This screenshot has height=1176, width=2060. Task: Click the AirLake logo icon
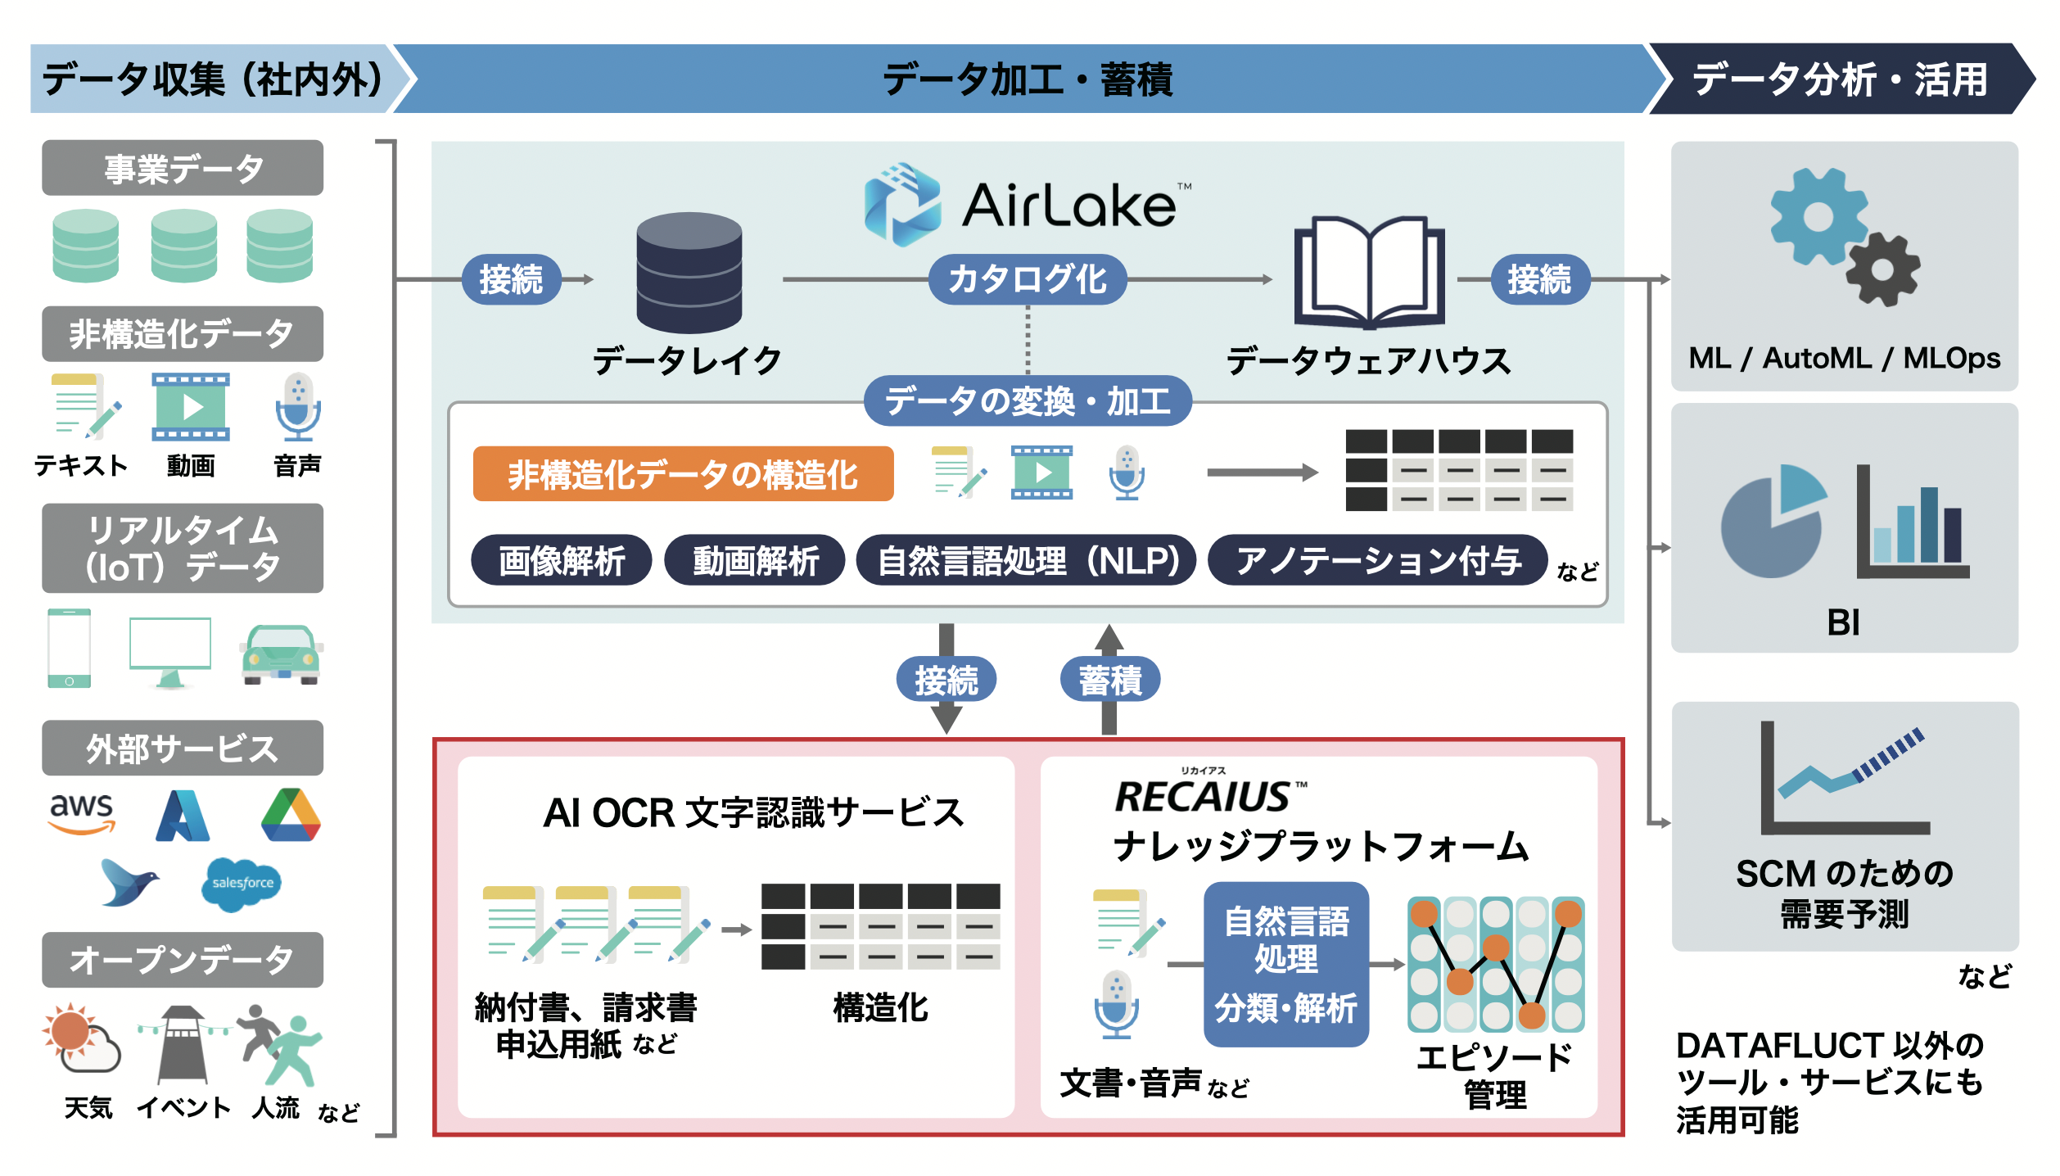coord(901,204)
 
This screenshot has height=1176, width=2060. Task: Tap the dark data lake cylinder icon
coord(689,272)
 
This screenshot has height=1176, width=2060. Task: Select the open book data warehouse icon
coord(1368,272)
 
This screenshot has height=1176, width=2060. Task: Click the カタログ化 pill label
coord(1027,279)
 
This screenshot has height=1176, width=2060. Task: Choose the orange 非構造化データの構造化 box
coord(683,474)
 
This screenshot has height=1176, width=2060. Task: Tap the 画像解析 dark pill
coord(562,561)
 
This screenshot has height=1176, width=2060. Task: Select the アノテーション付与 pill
coord(1377,561)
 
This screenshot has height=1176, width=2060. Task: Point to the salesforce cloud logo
coord(242,884)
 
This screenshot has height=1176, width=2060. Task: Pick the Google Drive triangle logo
coord(291,816)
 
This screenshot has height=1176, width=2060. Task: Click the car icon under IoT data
coord(281,655)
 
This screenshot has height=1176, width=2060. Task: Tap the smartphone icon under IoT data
coord(70,649)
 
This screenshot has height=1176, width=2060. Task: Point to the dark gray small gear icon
coord(1882,269)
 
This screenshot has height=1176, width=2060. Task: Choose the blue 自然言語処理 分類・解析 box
coord(1285,964)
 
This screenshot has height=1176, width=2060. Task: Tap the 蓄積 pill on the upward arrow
coord(1109,680)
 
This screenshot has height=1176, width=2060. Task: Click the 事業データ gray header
coord(183,169)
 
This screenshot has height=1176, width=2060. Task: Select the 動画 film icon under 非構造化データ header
coord(191,407)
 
